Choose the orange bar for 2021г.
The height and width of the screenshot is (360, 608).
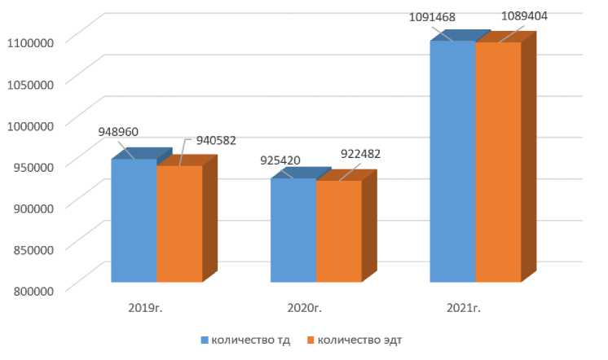point(498,162)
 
